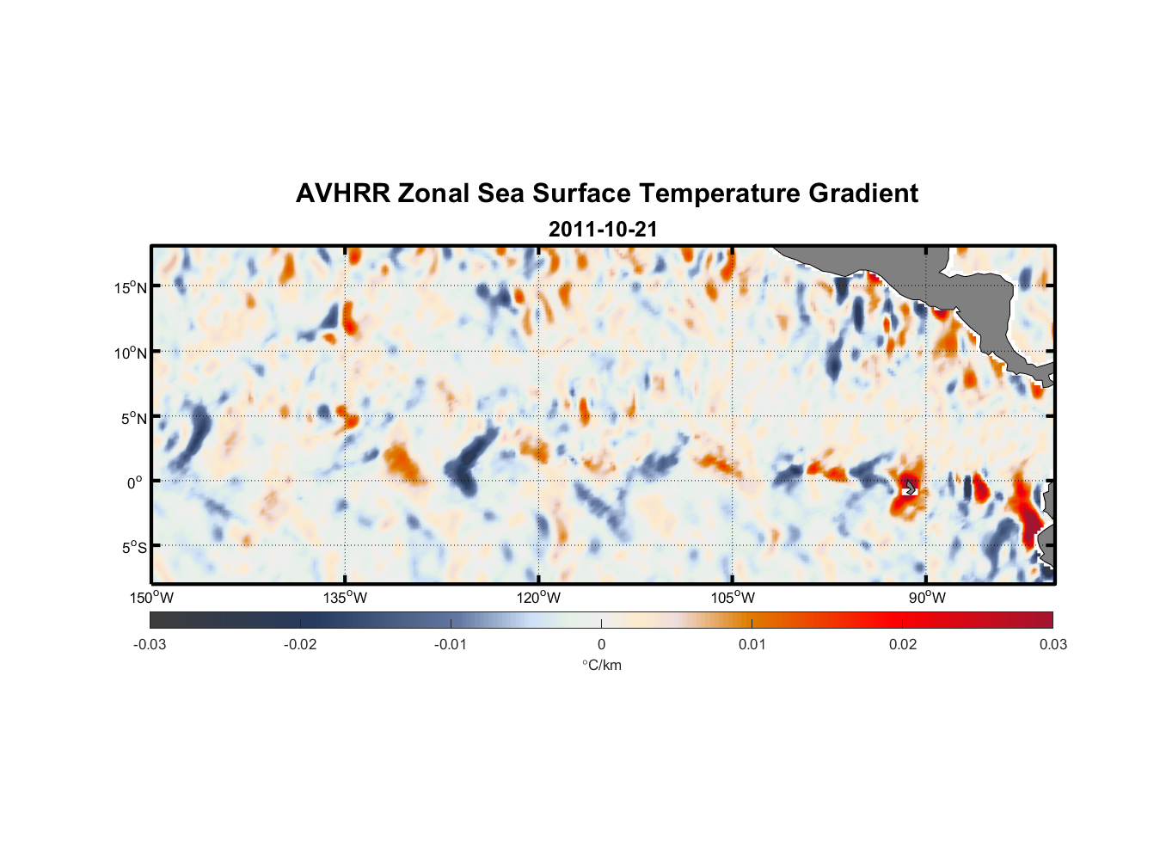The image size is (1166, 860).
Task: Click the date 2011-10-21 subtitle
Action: (603, 230)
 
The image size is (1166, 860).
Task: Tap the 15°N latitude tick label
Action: (130, 287)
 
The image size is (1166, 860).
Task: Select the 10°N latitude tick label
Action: (130, 353)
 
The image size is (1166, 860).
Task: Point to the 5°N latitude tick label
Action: (132, 418)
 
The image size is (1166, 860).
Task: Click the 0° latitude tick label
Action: (135, 482)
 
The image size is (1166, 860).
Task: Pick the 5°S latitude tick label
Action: (132, 548)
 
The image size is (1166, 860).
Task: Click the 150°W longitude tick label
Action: (152, 598)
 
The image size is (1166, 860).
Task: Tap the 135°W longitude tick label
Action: (346, 598)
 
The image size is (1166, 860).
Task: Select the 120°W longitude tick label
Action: (539, 598)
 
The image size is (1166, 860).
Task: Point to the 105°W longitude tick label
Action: (733, 598)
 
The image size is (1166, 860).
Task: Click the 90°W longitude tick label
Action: (927, 598)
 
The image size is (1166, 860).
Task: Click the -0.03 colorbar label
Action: (150, 645)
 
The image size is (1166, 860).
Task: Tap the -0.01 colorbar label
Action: (451, 645)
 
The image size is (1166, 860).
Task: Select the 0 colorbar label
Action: (601, 645)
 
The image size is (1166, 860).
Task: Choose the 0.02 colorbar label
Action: (903, 645)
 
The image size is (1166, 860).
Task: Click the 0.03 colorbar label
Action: (1052, 645)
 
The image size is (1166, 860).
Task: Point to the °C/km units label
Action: (601, 665)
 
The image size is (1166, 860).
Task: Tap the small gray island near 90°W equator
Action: (910, 488)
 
